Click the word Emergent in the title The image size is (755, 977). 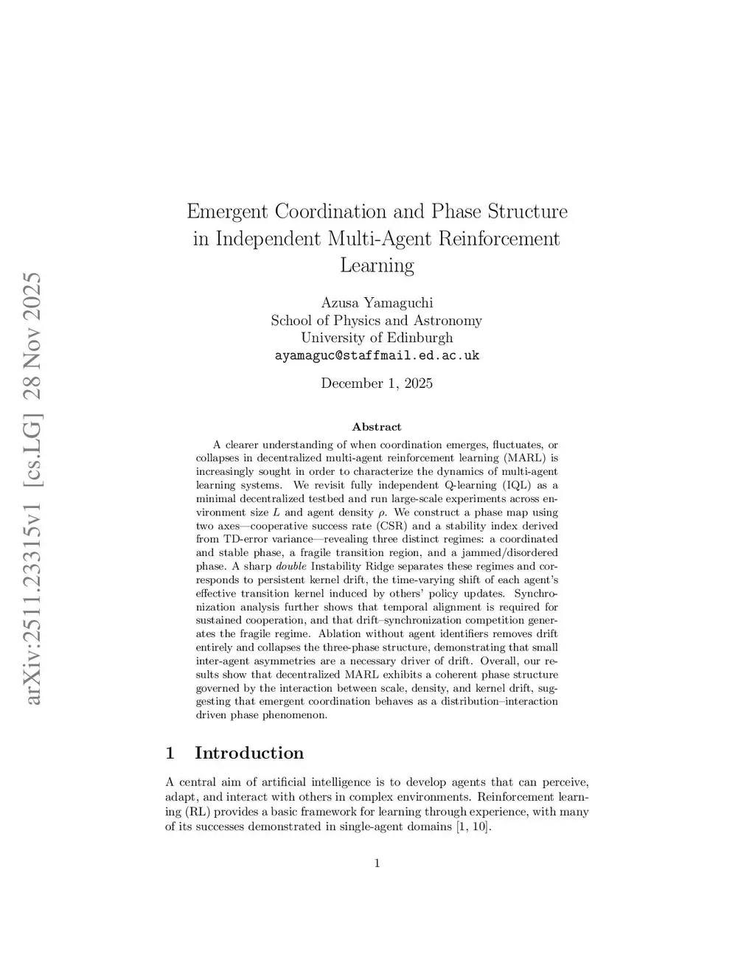[228, 212]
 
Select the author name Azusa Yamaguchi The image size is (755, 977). [377, 303]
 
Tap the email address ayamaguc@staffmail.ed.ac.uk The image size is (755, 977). [377, 355]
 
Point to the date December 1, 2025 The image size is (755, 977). [377, 383]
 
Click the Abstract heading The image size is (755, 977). [377, 427]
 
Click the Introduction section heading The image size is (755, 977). [249, 753]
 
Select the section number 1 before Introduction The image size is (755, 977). [170, 753]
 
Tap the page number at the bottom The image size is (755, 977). [377, 863]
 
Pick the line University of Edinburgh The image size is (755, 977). [377, 338]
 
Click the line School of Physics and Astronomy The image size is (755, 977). [377, 321]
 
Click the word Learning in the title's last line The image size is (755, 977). [377, 265]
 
